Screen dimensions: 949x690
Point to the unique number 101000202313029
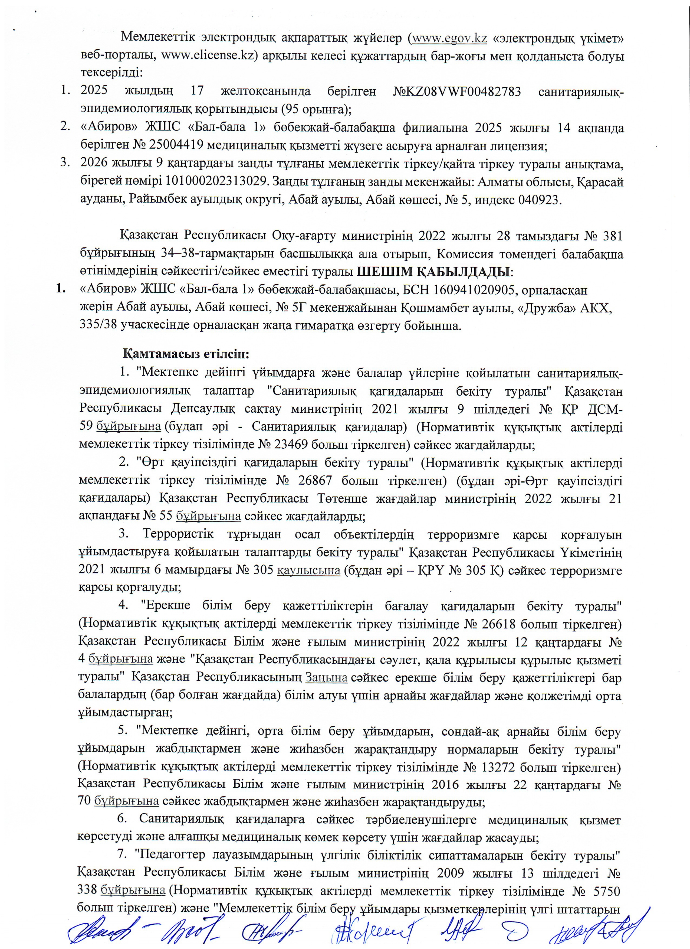tap(215, 182)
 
